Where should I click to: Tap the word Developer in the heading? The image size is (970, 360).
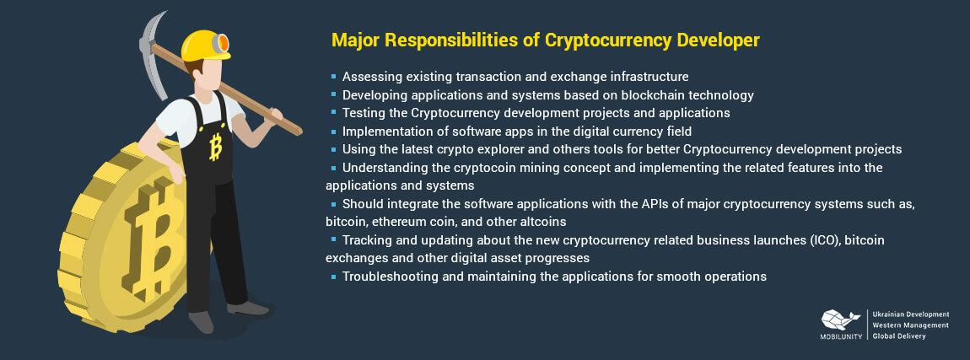click(718, 40)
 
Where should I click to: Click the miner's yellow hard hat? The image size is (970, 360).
click(205, 46)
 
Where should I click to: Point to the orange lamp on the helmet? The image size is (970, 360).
click(222, 43)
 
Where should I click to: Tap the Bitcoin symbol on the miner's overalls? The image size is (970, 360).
click(216, 146)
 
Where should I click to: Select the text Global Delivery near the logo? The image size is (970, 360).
click(899, 336)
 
